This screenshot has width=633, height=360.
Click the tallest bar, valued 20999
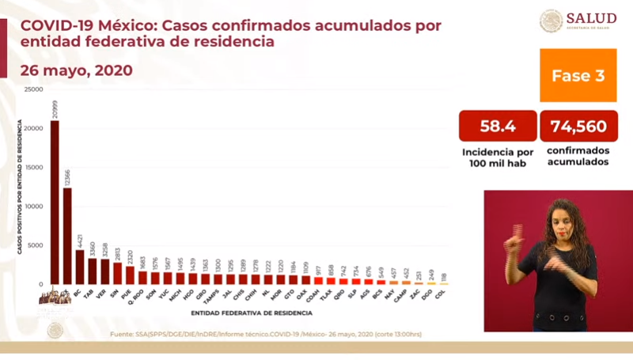pyautogui.click(x=55, y=202)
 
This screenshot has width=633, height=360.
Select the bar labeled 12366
pyautogui.click(x=67, y=236)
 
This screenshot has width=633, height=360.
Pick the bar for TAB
pyautogui.click(x=93, y=271)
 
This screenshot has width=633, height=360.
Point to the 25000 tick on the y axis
pyautogui.click(x=33, y=89)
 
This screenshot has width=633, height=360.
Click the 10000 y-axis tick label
pyautogui.click(x=33, y=206)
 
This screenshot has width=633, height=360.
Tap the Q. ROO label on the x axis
pyautogui.click(x=142, y=294)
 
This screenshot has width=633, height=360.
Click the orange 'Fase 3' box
pyautogui.click(x=578, y=76)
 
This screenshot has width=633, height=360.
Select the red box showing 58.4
pyautogui.click(x=498, y=125)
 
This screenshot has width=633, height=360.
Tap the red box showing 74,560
pyautogui.click(x=578, y=125)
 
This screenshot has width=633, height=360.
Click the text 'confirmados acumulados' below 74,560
pyautogui.click(x=578, y=156)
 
